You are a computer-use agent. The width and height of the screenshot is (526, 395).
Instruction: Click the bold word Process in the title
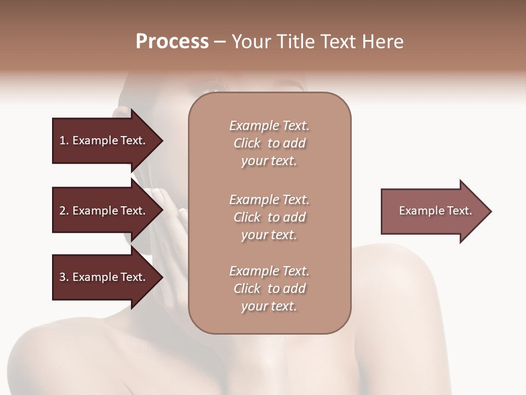tap(172, 42)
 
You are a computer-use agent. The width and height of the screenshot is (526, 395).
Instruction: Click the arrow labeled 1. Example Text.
tap(104, 140)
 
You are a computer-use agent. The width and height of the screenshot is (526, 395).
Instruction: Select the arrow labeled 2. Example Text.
tap(104, 211)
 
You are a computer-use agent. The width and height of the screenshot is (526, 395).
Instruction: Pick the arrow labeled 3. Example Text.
tap(104, 277)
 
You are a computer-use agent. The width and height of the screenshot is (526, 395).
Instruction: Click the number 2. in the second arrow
tap(64, 211)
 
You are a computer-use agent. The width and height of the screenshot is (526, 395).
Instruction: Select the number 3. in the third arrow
tap(64, 277)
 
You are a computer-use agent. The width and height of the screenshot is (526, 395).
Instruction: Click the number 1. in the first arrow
tap(64, 140)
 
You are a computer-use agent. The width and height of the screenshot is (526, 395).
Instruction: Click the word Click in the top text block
tap(247, 143)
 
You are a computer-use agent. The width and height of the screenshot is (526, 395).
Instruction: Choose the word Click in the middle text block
tap(247, 217)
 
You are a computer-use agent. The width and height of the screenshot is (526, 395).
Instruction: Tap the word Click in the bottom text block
tap(247, 289)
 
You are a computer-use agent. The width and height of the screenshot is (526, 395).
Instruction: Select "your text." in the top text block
tap(269, 161)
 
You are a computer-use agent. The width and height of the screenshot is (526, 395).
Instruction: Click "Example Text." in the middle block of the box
tap(269, 200)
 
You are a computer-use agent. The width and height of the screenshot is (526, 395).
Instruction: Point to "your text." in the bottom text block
tap(269, 307)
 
